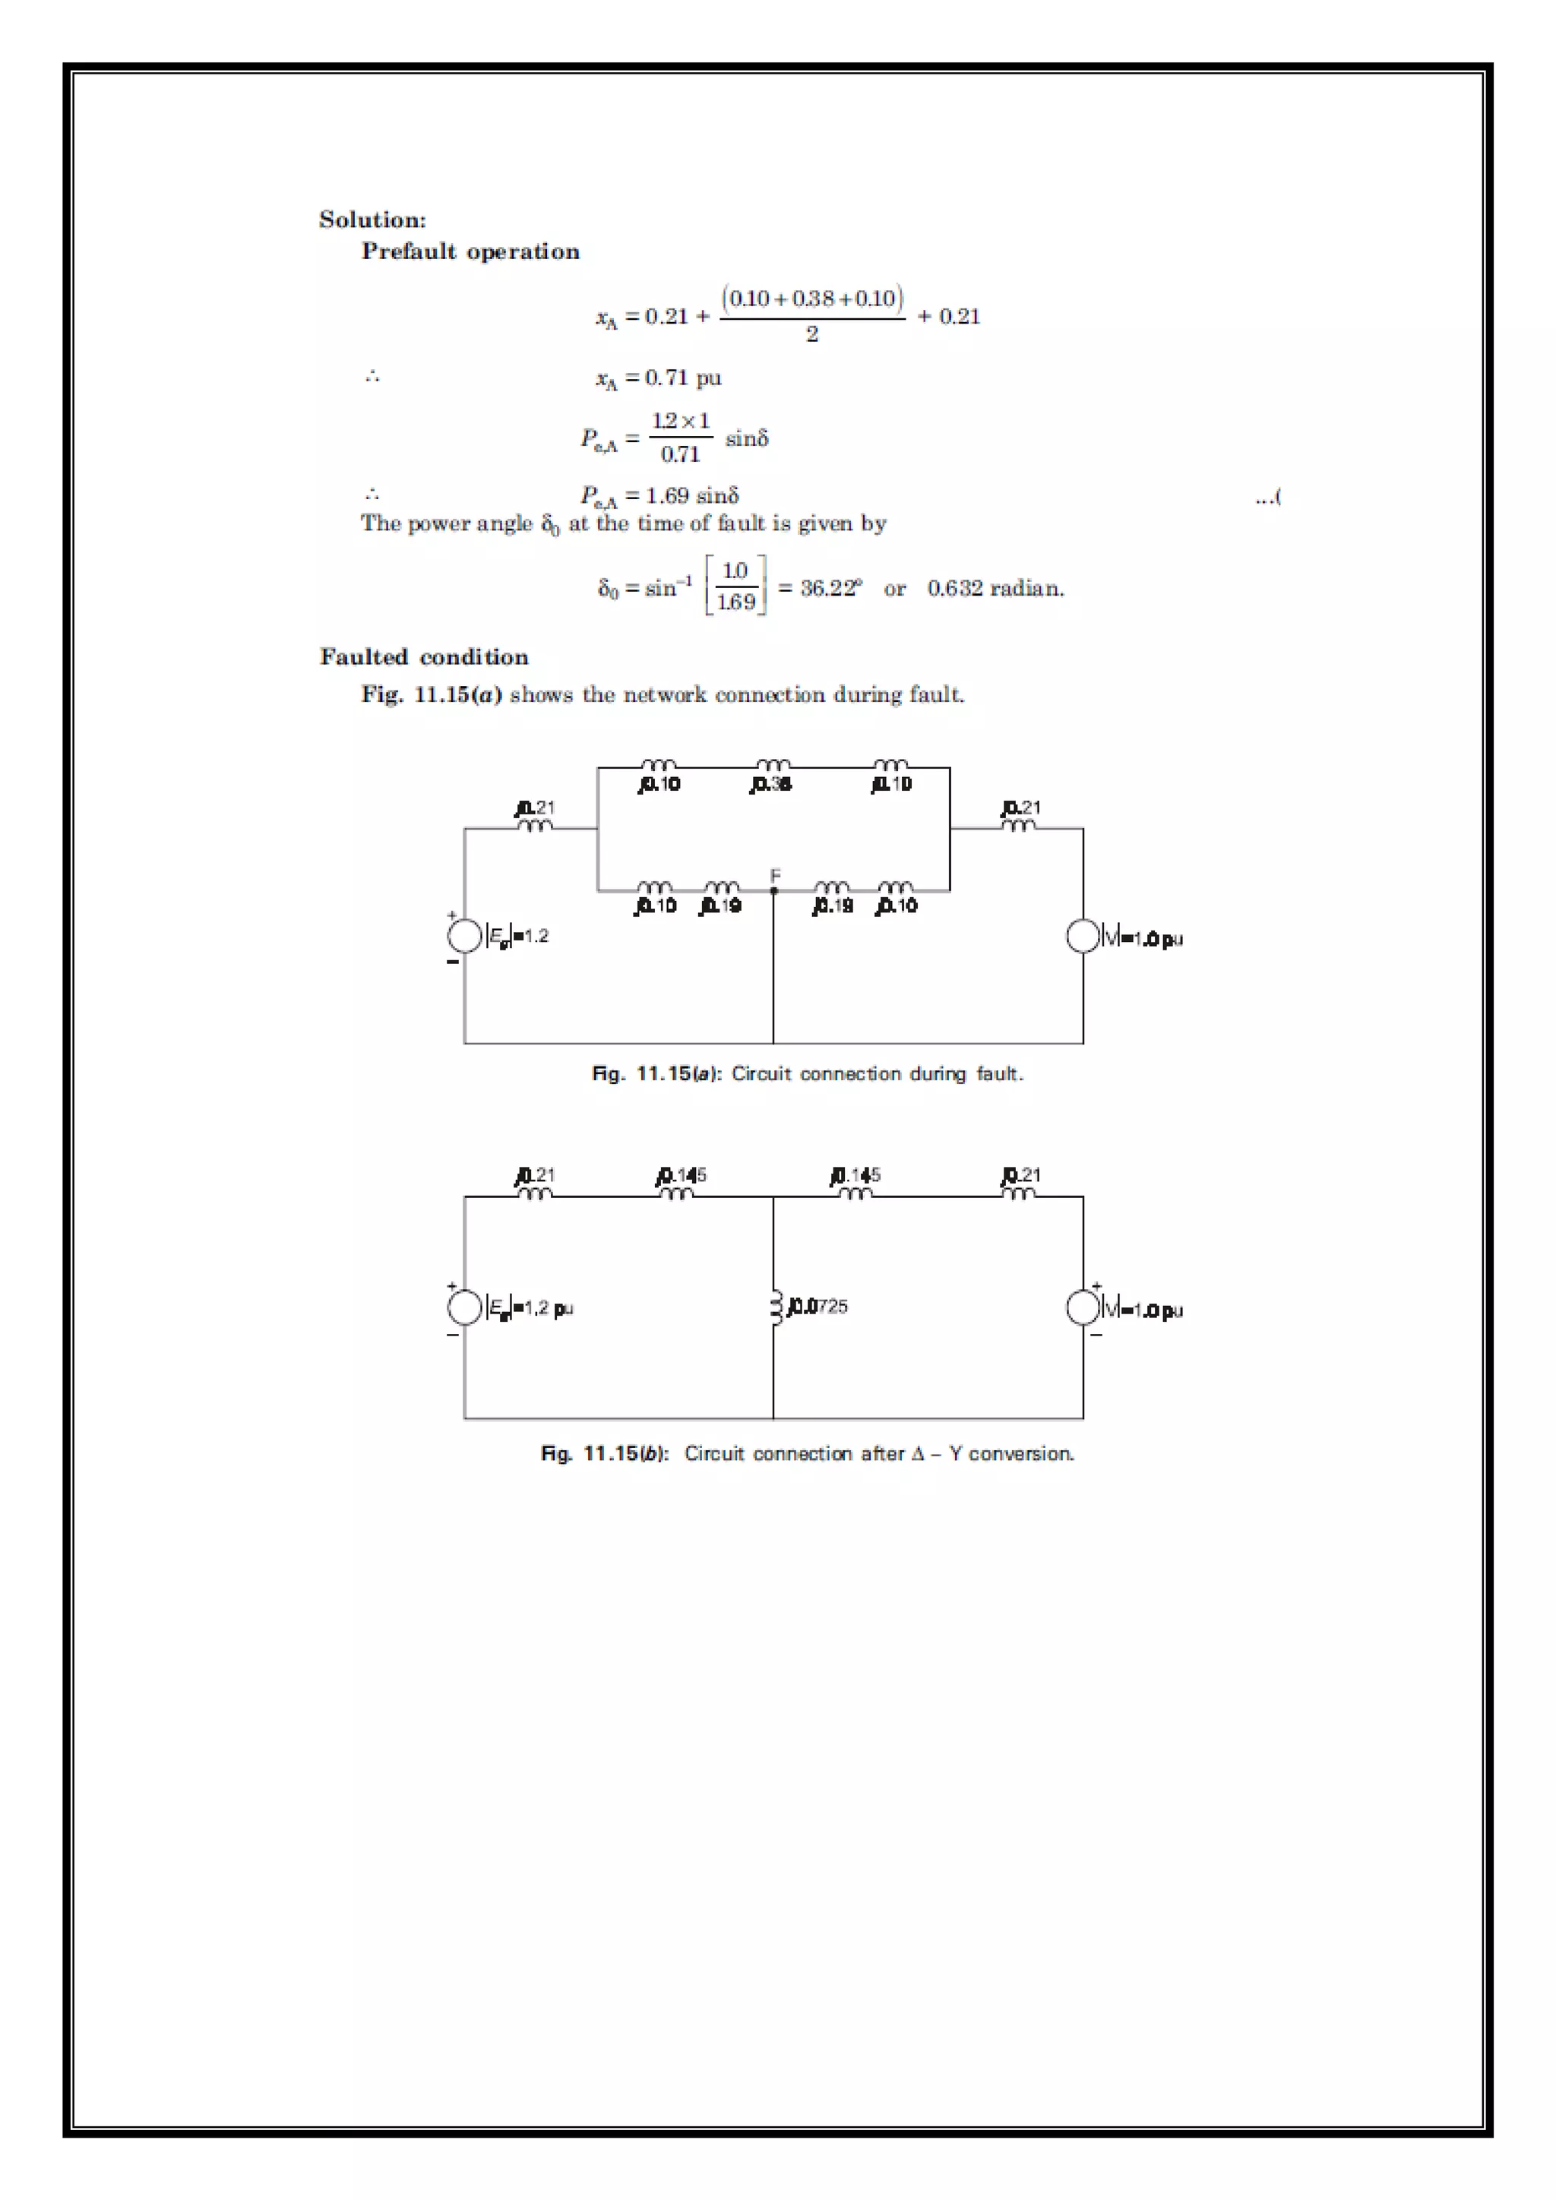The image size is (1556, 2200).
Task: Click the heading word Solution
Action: pos(372,220)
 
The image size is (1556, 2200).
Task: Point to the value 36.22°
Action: pos(830,588)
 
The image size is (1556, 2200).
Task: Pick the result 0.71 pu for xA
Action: pos(682,378)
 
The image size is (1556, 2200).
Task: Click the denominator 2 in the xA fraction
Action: pos(811,334)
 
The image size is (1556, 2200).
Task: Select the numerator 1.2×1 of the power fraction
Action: pos(680,421)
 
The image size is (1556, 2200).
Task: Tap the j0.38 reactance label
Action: pos(770,785)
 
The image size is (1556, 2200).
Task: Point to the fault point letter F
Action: pos(775,875)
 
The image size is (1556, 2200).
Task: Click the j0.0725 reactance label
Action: pos(818,1306)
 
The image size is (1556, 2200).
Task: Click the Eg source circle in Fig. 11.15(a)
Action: pos(465,936)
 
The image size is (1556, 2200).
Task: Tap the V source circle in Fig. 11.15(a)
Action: pos(1083,936)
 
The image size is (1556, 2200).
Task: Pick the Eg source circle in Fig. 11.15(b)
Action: pos(465,1307)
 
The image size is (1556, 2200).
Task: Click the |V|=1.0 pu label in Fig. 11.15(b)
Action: pos(1142,1310)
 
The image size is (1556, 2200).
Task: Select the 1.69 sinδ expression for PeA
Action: pos(692,495)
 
